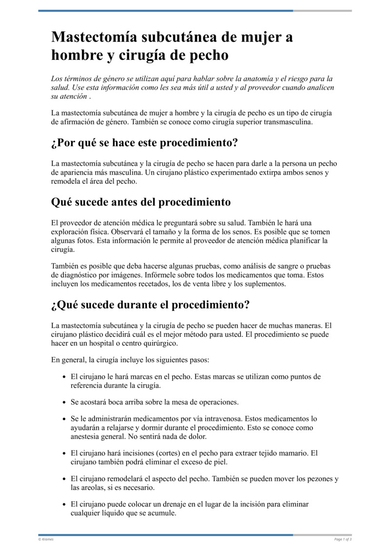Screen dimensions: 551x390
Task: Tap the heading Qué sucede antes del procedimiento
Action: (x=141, y=201)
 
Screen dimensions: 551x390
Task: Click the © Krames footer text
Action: (x=46, y=539)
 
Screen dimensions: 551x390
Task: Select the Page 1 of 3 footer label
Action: (x=343, y=539)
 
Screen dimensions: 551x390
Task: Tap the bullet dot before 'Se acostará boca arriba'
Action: (x=65, y=402)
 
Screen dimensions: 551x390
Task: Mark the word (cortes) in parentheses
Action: (x=179, y=453)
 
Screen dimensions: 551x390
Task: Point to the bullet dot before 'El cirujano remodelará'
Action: (x=65, y=479)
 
